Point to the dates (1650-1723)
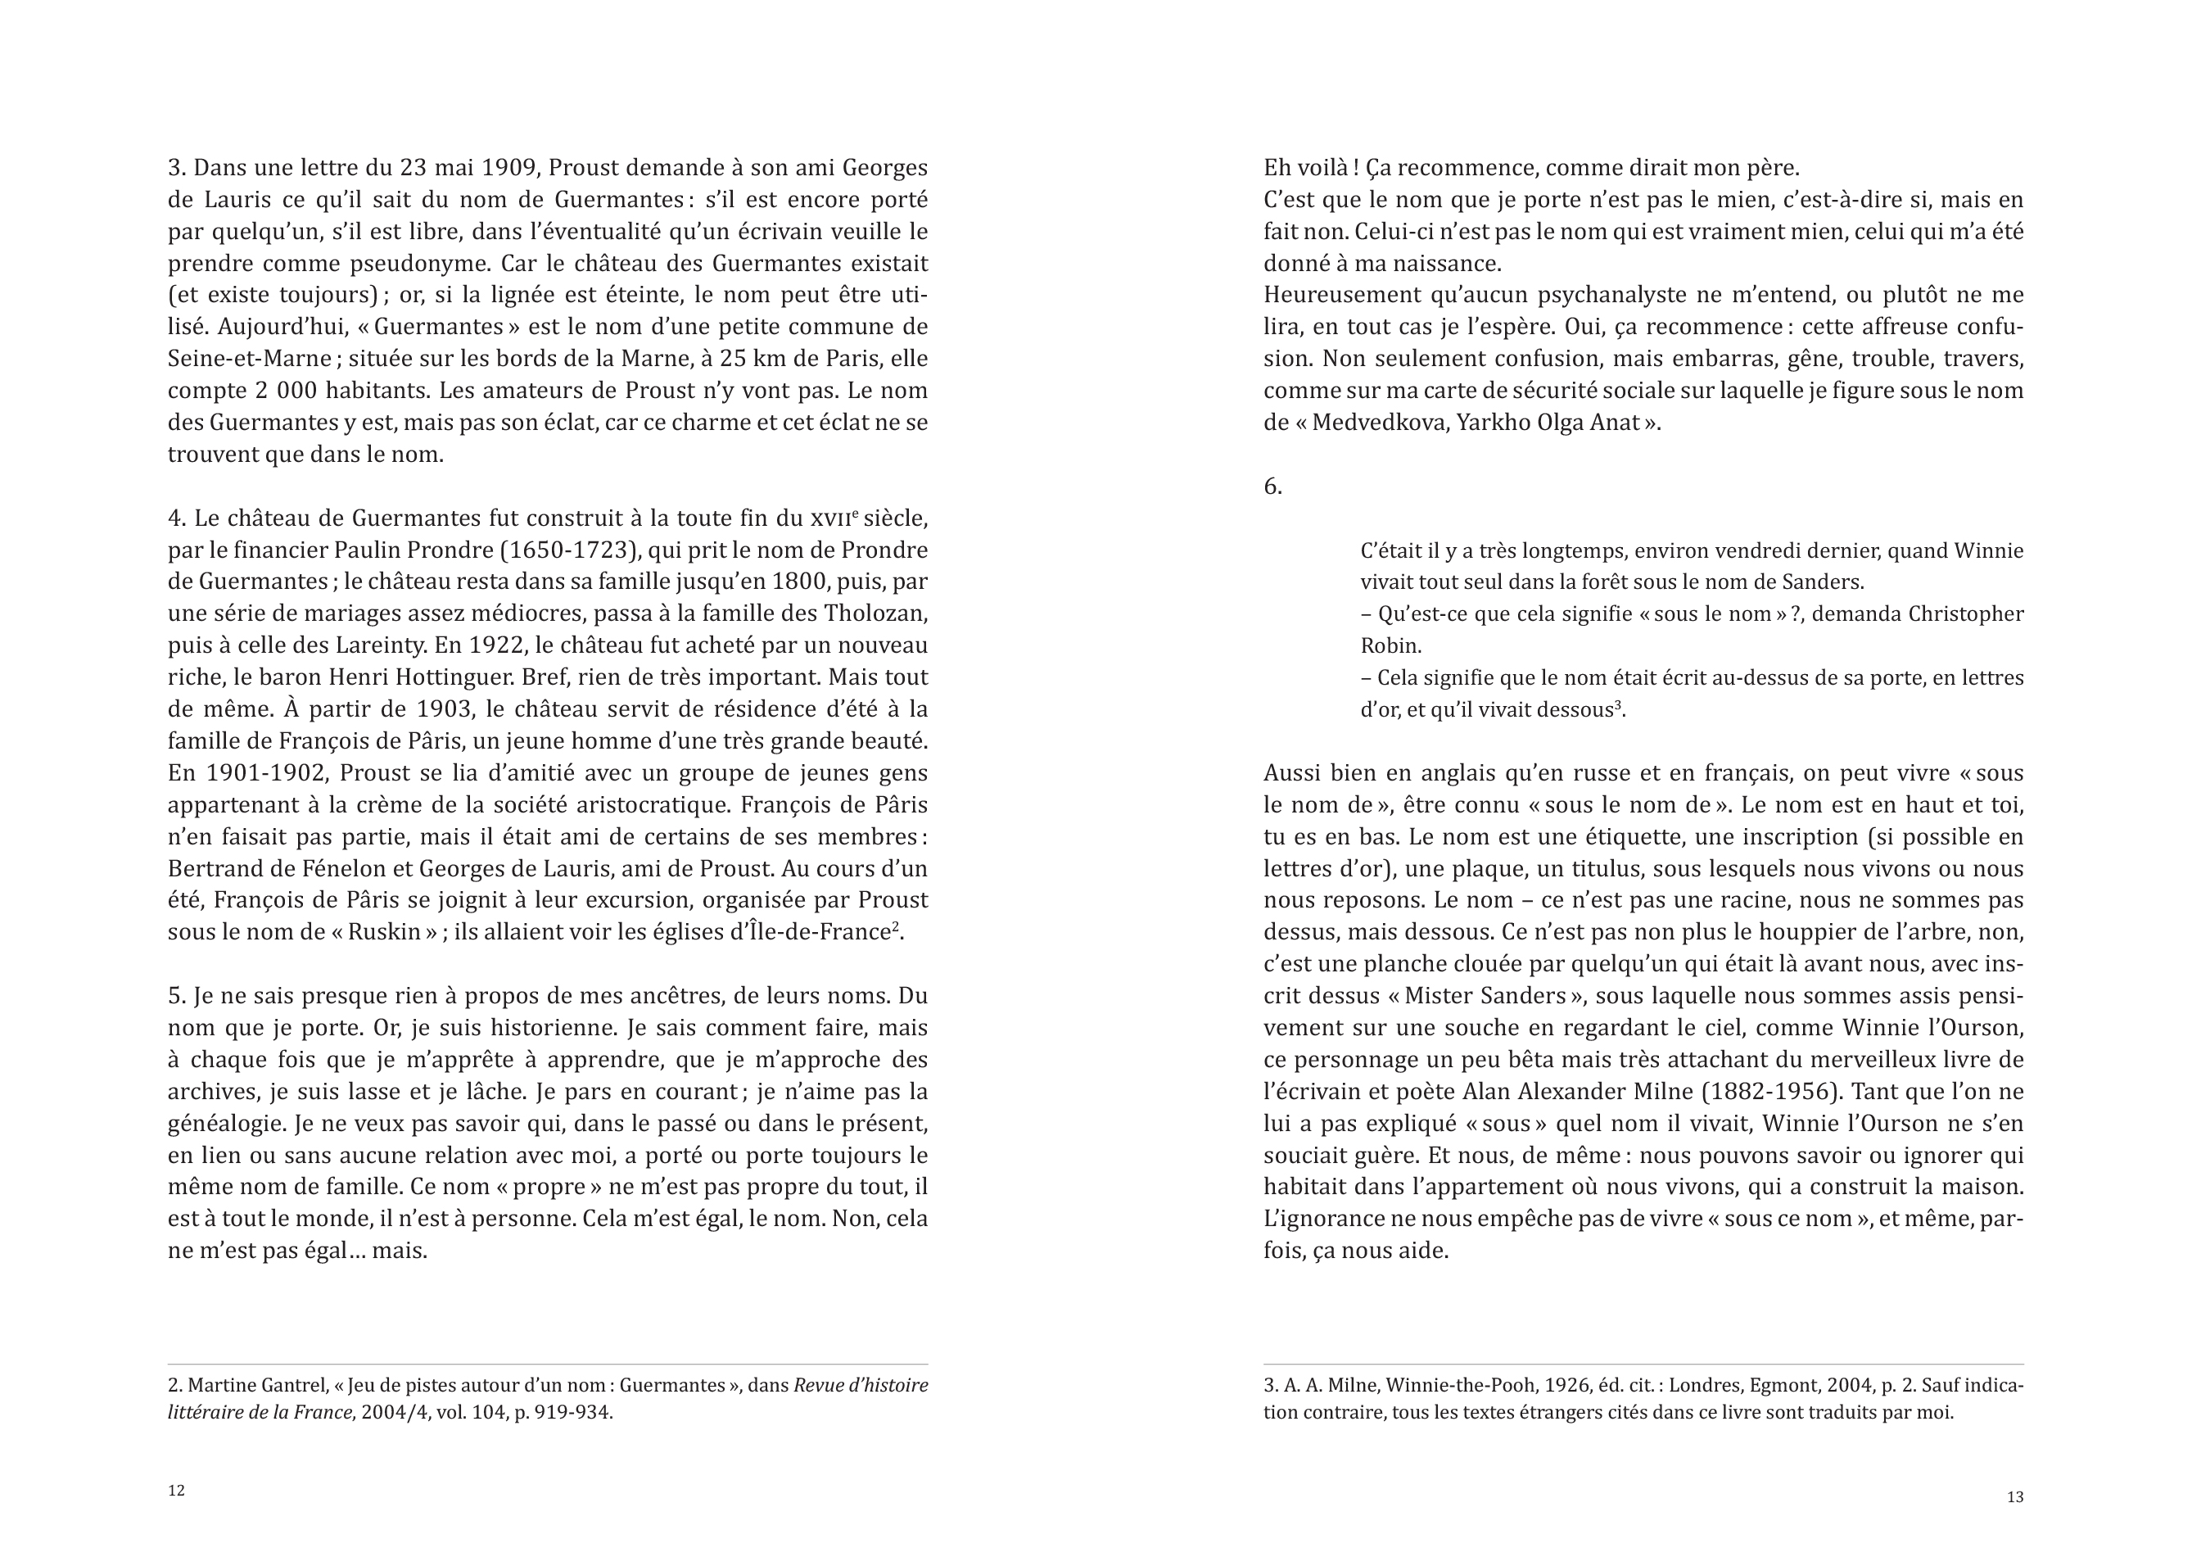tap(570, 551)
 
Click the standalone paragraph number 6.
tap(1272, 487)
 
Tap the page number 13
tap(2014, 1497)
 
